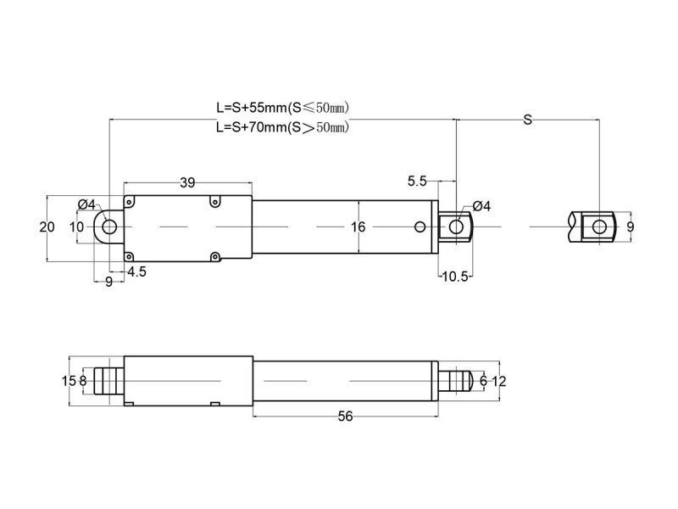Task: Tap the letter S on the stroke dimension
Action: [x=527, y=120]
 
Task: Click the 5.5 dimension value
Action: [x=418, y=182]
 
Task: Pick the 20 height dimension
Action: [x=47, y=227]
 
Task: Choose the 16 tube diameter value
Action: [x=358, y=227]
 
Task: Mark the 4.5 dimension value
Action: [x=136, y=271]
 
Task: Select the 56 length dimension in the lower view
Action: [x=345, y=416]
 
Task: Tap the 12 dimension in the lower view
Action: [x=499, y=381]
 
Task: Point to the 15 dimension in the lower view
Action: [x=69, y=381]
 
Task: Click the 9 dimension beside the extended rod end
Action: [x=630, y=227]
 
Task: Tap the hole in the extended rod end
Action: [x=599, y=227]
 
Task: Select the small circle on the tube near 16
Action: [x=420, y=227]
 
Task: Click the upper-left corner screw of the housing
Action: [x=130, y=201]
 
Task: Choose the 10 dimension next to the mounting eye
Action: [x=76, y=227]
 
